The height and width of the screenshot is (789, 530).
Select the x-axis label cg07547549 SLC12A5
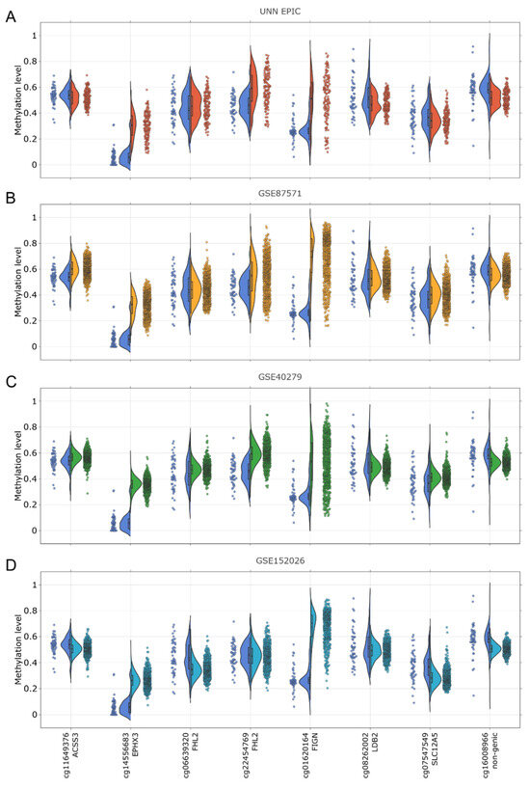click(x=430, y=756)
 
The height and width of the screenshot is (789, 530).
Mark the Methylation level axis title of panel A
click(x=18, y=98)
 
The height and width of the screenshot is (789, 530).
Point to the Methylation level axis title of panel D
click(x=18, y=649)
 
